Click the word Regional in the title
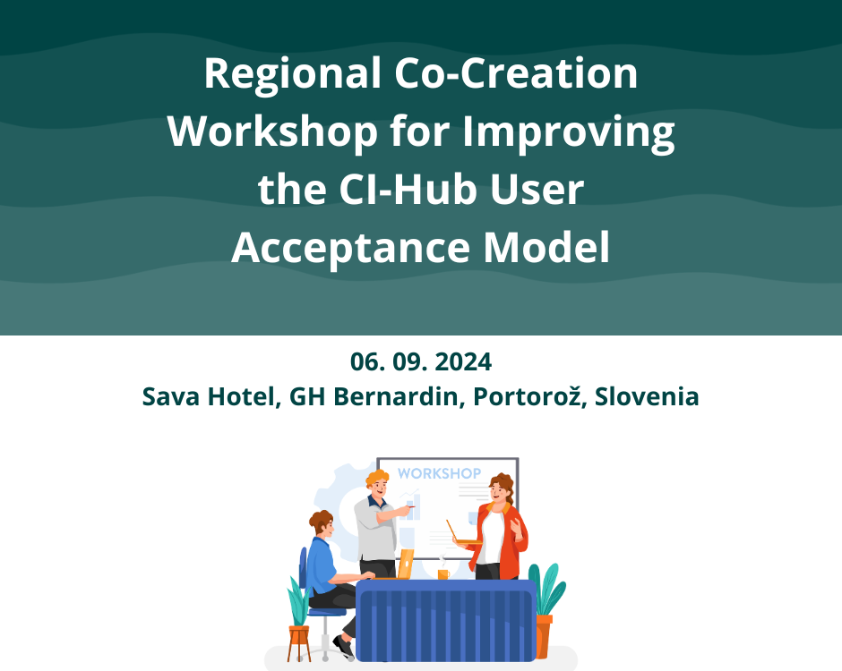[293, 74]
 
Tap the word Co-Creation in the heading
[516, 73]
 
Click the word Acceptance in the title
[350, 249]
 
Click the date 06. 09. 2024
[421, 361]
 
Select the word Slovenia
[647, 397]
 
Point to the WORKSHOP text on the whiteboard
[439, 473]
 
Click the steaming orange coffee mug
[443, 572]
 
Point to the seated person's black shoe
[344, 646]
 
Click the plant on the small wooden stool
[298, 600]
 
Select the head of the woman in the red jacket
[501, 488]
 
